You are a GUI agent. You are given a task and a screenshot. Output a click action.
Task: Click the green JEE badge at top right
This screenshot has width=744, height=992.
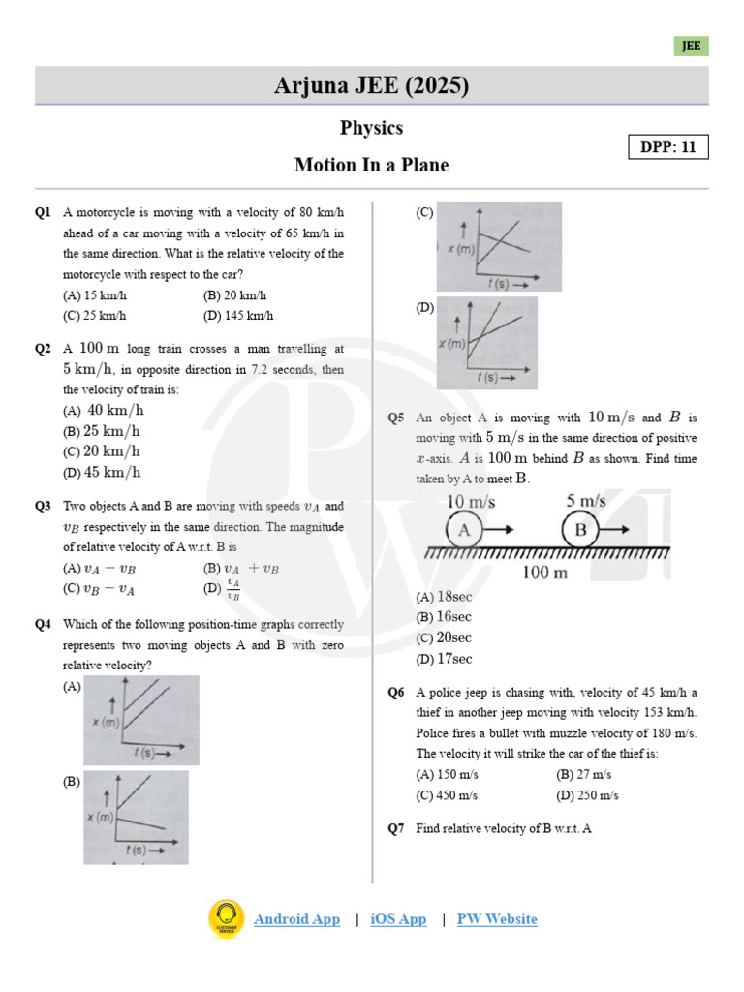tap(692, 46)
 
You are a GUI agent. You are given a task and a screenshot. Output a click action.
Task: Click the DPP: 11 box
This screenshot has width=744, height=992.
tap(667, 147)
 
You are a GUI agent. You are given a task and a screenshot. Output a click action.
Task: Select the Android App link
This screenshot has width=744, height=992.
tap(296, 919)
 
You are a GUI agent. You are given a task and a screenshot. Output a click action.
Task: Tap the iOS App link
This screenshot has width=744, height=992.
tap(398, 919)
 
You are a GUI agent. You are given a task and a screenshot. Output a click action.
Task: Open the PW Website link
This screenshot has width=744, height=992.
tap(497, 919)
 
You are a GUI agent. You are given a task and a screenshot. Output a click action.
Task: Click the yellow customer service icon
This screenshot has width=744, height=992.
tap(227, 918)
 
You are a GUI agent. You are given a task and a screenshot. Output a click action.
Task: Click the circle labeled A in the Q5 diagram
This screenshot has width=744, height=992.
tap(464, 530)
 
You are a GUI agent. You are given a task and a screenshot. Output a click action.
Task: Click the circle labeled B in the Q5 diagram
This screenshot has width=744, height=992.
tap(581, 530)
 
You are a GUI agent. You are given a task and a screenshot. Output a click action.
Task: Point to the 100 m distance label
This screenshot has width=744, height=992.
tap(544, 573)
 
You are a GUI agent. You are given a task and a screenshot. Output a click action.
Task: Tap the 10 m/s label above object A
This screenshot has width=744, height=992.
tap(471, 502)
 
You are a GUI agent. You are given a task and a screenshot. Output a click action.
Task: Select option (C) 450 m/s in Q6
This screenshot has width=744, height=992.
tap(447, 795)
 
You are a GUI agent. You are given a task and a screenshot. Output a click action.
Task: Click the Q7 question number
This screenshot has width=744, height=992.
tap(395, 828)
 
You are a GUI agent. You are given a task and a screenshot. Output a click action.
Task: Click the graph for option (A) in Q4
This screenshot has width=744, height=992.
tap(141, 720)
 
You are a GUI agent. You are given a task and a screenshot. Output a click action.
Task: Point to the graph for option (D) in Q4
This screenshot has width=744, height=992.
tap(487, 343)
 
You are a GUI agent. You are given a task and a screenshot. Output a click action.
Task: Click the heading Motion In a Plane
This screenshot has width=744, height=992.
tap(371, 165)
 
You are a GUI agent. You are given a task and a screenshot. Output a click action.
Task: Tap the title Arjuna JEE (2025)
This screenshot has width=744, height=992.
tap(371, 86)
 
